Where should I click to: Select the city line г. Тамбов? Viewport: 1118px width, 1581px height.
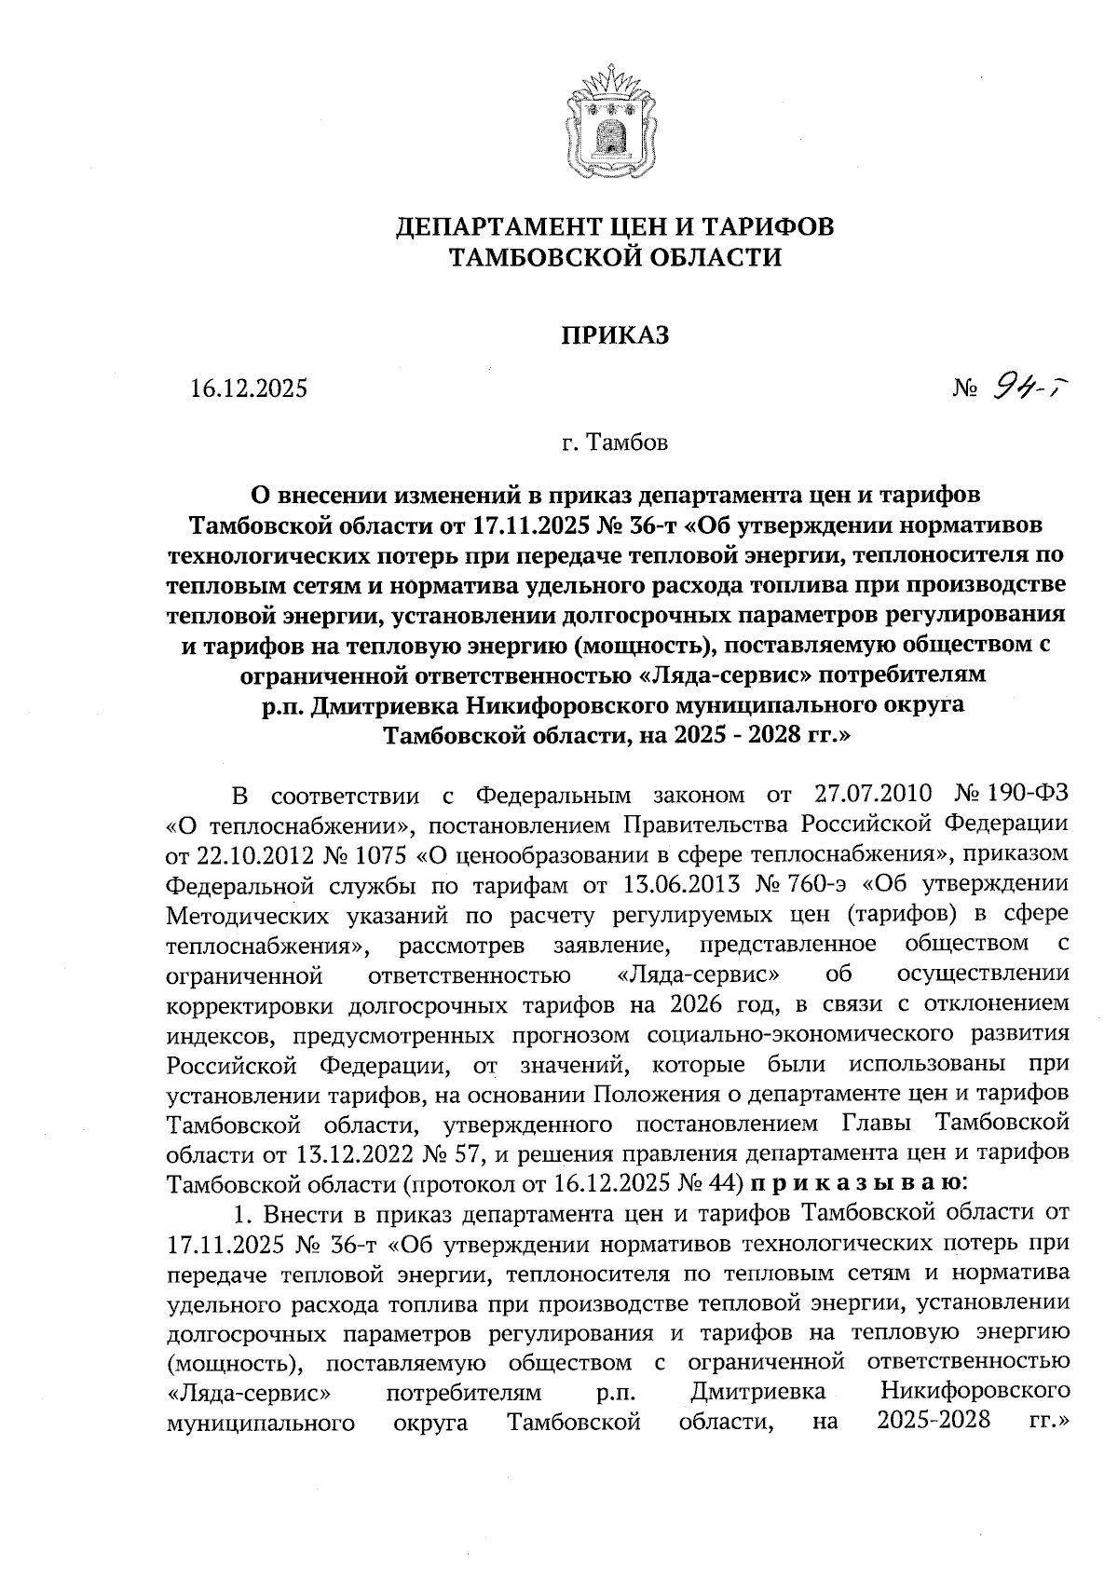pyautogui.click(x=615, y=442)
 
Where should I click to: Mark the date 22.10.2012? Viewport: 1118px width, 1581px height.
pyautogui.click(x=248, y=852)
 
